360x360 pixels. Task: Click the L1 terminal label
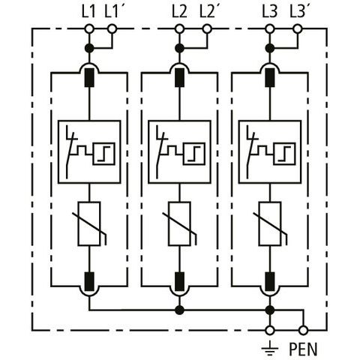coord(88,12)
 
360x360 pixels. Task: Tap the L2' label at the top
coord(208,12)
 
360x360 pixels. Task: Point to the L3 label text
coord(269,12)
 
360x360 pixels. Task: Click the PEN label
coord(303,349)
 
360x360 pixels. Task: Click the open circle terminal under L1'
coord(112,29)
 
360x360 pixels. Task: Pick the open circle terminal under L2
coord(179,29)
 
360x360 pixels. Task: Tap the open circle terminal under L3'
coord(297,29)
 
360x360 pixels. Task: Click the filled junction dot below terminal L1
coord(89,48)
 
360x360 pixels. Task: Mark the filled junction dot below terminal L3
coord(269,48)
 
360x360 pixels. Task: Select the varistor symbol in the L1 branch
coord(89,223)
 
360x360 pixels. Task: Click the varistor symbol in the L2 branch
coord(179,223)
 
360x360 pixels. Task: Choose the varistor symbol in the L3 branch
coord(270,223)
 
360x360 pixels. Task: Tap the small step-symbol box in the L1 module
coord(104,154)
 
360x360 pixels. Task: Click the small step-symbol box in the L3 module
coord(284,154)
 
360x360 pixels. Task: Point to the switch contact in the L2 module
coord(160,152)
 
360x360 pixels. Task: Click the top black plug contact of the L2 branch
coord(179,77)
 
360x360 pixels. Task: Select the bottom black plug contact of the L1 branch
coord(89,282)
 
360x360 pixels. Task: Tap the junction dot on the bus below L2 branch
coord(179,310)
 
